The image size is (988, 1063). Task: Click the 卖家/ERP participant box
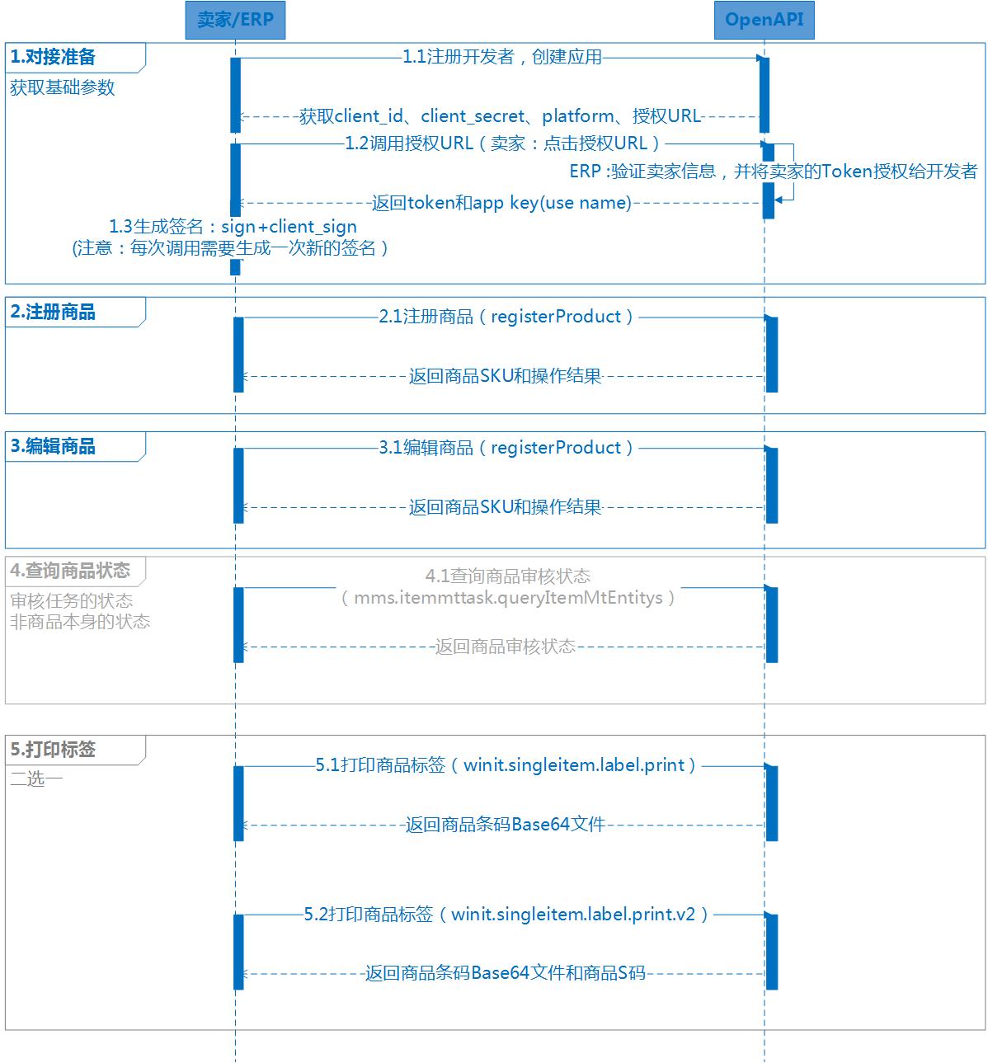click(x=235, y=20)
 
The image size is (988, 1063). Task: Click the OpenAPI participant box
click(x=764, y=20)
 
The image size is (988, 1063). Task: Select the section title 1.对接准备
click(x=53, y=57)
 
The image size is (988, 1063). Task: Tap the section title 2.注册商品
click(x=53, y=312)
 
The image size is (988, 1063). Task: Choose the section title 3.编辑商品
click(x=53, y=446)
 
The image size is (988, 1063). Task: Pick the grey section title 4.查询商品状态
click(x=70, y=571)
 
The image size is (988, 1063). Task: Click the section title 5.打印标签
click(x=53, y=749)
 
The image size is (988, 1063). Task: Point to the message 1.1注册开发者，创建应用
click(x=502, y=57)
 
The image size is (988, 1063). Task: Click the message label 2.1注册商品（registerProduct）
click(x=506, y=317)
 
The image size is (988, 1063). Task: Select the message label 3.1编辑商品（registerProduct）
click(x=506, y=448)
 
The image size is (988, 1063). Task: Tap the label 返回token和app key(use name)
click(x=501, y=203)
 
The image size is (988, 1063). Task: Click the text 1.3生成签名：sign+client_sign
click(x=233, y=227)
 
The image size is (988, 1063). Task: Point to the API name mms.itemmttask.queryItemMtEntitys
click(x=508, y=597)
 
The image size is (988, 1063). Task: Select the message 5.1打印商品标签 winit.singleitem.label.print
click(x=506, y=764)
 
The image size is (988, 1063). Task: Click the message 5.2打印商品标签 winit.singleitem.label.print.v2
click(x=506, y=914)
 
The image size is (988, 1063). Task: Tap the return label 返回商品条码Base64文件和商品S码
click(x=506, y=972)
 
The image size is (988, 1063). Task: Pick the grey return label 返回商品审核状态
click(x=505, y=647)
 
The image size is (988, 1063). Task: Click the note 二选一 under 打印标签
click(x=36, y=778)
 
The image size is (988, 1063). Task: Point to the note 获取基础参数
click(x=62, y=87)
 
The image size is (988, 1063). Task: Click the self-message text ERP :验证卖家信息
click(x=642, y=172)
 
